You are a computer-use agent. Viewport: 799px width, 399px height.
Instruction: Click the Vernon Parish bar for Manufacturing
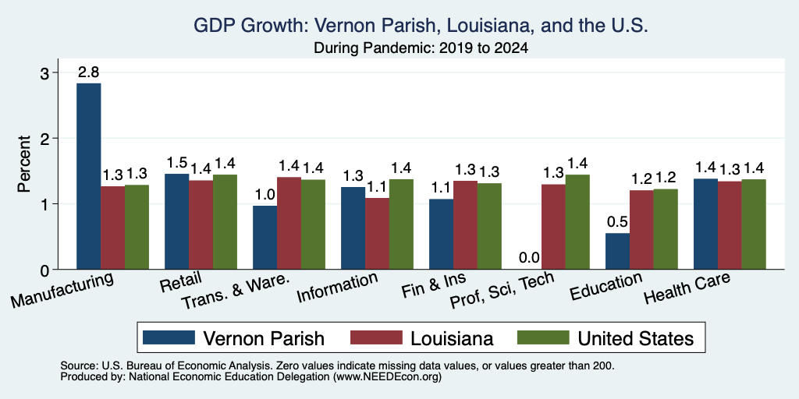pyautogui.click(x=89, y=176)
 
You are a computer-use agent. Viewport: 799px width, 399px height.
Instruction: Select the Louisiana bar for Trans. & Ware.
pyautogui.click(x=289, y=223)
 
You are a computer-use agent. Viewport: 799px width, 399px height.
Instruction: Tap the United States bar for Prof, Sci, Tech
pyautogui.click(x=577, y=222)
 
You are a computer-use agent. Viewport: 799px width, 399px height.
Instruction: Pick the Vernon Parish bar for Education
pyautogui.click(x=618, y=251)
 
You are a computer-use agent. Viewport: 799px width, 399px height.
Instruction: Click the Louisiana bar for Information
pyautogui.click(x=377, y=233)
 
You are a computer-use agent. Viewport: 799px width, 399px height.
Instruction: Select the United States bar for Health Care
pyautogui.click(x=754, y=224)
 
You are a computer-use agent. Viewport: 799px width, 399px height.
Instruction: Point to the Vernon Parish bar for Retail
pyautogui.click(x=177, y=221)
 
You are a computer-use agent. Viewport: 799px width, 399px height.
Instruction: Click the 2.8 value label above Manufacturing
pyautogui.click(x=89, y=72)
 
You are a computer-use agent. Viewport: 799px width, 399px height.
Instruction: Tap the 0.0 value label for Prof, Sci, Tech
pyautogui.click(x=530, y=258)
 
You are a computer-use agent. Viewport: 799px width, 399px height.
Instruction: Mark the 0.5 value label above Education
pyautogui.click(x=618, y=222)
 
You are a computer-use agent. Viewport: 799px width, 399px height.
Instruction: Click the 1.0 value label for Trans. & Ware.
pyautogui.click(x=265, y=195)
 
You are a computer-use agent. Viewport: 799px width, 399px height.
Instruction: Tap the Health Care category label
pyautogui.click(x=687, y=287)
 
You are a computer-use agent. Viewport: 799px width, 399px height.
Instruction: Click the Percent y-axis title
pyautogui.click(x=24, y=164)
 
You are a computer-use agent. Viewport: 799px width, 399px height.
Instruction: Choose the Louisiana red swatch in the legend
pyautogui.click(x=376, y=337)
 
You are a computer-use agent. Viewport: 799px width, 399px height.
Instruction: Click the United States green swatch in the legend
pyautogui.click(x=543, y=337)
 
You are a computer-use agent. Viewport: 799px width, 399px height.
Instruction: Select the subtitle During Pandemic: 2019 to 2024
pyautogui.click(x=421, y=48)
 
